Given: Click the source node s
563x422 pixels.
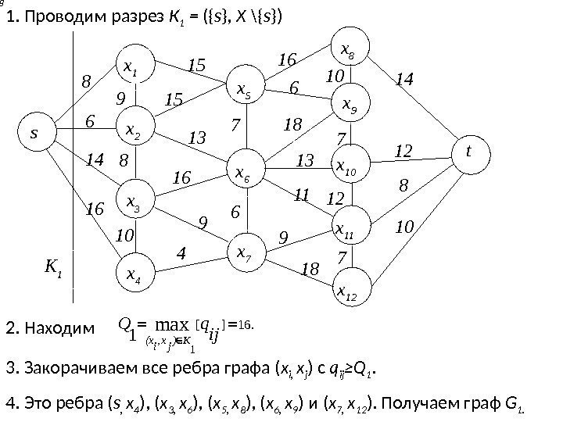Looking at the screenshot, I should tap(34, 133).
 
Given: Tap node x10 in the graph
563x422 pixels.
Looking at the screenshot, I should tap(347, 166).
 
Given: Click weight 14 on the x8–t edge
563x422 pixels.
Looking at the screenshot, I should tap(405, 79).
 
